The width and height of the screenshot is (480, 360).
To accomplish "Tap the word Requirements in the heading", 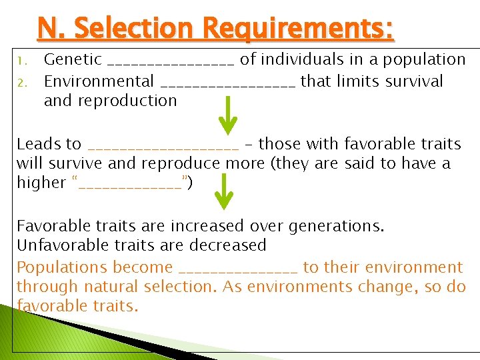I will point(293,29).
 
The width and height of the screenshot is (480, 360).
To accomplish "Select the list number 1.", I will point(21,61).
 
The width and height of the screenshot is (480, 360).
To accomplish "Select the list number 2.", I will point(21,82).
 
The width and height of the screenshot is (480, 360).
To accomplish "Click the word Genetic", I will point(73,60).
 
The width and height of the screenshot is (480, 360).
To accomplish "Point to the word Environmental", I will point(99,81).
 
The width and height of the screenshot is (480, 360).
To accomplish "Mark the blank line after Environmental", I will point(227,85).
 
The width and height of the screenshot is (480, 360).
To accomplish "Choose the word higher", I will point(41,183).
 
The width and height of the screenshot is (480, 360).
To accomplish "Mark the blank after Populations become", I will point(238,271).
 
